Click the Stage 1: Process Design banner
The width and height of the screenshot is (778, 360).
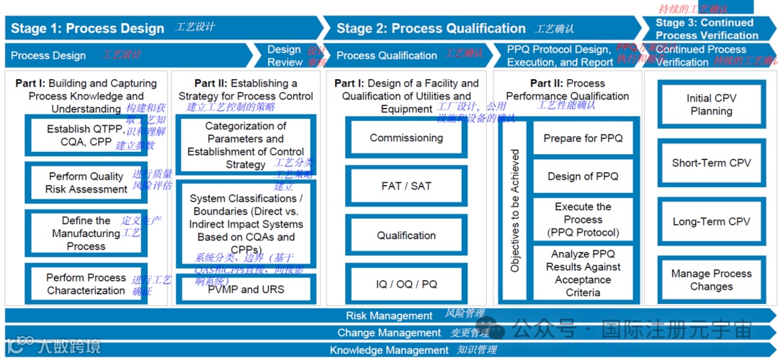(x=87, y=29)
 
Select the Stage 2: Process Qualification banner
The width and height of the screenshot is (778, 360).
(x=431, y=29)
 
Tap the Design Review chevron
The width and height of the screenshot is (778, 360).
(x=284, y=55)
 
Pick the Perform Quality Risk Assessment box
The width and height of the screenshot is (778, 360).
(x=86, y=183)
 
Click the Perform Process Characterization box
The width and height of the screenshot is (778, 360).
(x=86, y=284)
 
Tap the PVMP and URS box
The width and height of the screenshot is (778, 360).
(x=246, y=289)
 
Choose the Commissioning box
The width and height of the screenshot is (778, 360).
(x=406, y=138)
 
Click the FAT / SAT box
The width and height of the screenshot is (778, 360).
(x=406, y=186)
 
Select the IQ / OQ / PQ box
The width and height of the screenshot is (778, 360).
(x=406, y=284)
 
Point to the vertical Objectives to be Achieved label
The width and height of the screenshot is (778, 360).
(x=514, y=210)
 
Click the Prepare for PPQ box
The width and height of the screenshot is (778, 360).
(x=583, y=138)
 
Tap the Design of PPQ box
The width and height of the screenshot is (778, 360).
(x=583, y=176)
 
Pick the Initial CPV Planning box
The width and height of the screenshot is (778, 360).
(x=711, y=104)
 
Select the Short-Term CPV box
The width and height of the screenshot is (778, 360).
(x=711, y=163)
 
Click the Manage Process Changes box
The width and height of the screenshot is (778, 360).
(x=711, y=279)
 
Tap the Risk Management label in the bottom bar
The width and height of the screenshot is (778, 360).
(x=389, y=315)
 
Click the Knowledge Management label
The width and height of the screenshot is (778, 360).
(x=389, y=350)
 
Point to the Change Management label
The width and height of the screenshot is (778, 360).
(x=389, y=333)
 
